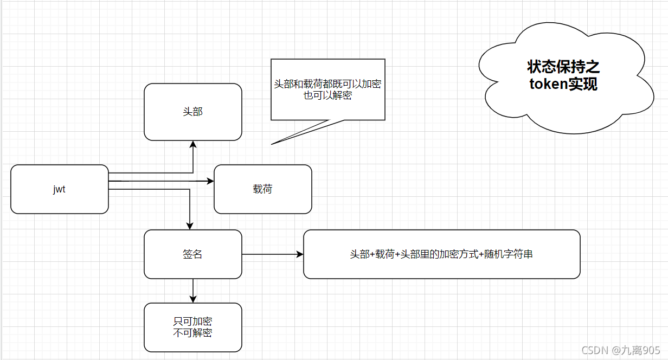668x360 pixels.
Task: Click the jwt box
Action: (60, 189)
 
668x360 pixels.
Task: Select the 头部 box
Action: (193, 112)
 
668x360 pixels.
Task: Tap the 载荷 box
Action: (263, 189)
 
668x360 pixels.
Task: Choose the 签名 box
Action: (193, 254)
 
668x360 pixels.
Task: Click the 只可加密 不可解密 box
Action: (193, 327)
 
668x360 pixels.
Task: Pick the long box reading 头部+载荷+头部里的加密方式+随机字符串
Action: (441, 254)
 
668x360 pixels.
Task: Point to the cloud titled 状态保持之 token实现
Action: (564, 76)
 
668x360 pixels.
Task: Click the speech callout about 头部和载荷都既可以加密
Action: (328, 89)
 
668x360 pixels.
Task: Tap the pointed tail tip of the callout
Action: (272, 144)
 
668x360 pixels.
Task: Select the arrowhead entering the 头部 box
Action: (193, 144)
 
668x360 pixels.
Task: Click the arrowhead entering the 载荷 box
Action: (210, 181)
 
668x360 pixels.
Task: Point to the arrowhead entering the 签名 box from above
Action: (190, 226)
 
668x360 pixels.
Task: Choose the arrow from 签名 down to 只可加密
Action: (193, 291)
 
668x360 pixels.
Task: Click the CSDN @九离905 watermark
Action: (621, 350)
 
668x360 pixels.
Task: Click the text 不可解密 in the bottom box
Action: (193, 333)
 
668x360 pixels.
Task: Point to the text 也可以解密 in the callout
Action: (328, 96)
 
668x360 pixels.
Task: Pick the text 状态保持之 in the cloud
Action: (564, 67)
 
